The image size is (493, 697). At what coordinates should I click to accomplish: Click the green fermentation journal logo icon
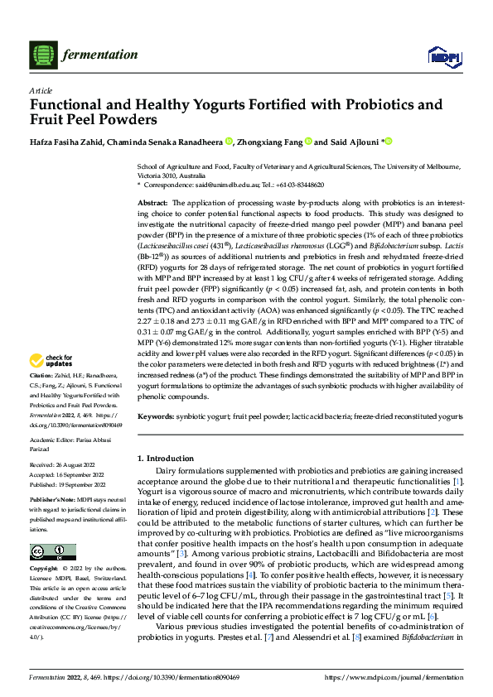pyautogui.click(x=43, y=55)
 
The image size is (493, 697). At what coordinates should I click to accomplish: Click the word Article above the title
pyautogui.click(x=41, y=89)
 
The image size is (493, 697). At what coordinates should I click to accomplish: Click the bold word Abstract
pyautogui.click(x=152, y=203)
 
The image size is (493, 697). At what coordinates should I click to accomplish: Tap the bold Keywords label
pyautogui.click(x=156, y=416)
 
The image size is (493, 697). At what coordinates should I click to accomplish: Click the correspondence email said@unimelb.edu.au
pyautogui.click(x=226, y=185)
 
